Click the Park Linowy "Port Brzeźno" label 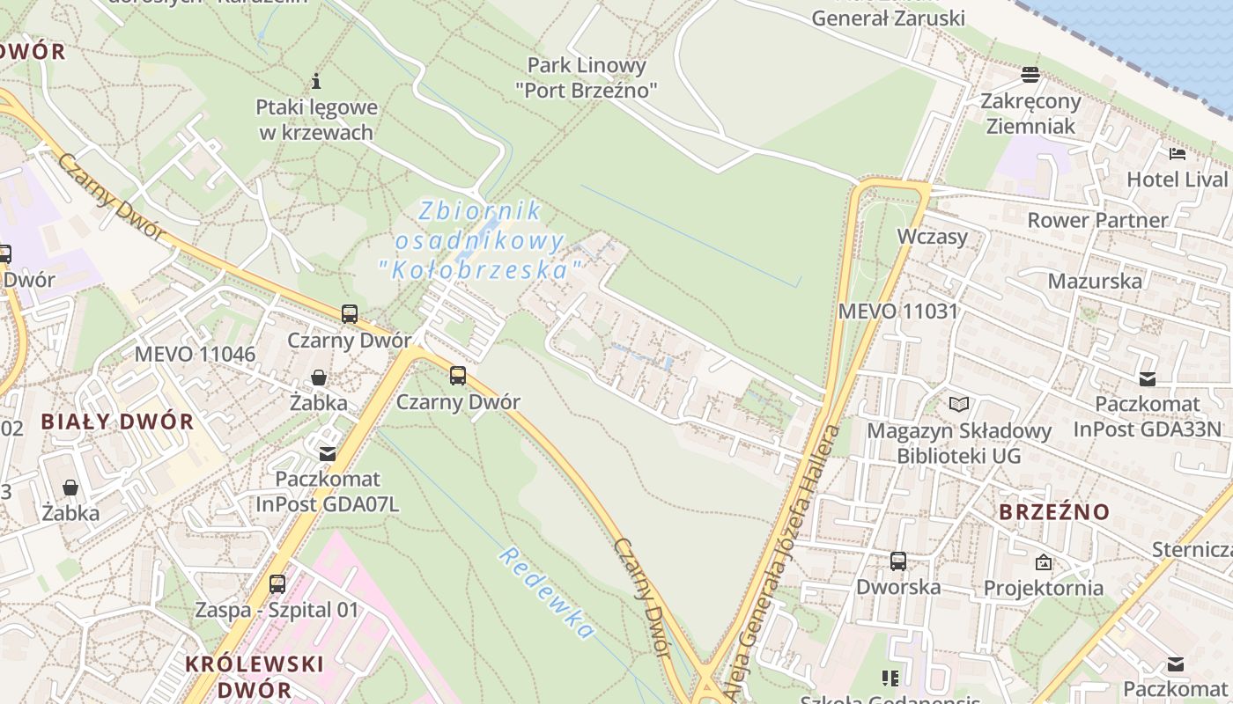(586, 77)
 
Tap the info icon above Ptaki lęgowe (316, 82)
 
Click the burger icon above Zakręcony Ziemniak (1030, 75)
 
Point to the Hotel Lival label (1177, 180)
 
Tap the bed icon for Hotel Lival (1178, 155)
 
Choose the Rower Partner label (1097, 220)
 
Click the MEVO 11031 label (897, 311)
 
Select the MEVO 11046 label (195, 355)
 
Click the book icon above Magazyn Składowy (959, 404)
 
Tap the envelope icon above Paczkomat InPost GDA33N (1147, 379)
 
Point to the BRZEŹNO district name (1054, 511)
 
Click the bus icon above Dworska (898, 561)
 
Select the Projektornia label (1043, 587)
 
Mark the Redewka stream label (546, 593)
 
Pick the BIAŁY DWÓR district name (117, 422)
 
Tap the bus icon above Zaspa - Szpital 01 (277, 583)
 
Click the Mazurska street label (1094, 282)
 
